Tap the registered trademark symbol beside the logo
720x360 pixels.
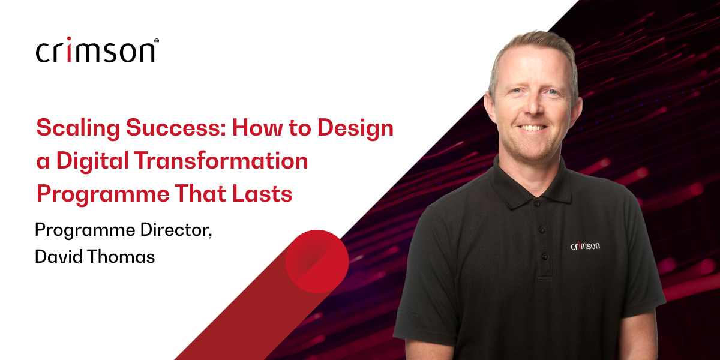point(157,41)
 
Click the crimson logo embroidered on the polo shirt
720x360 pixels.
point(584,245)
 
